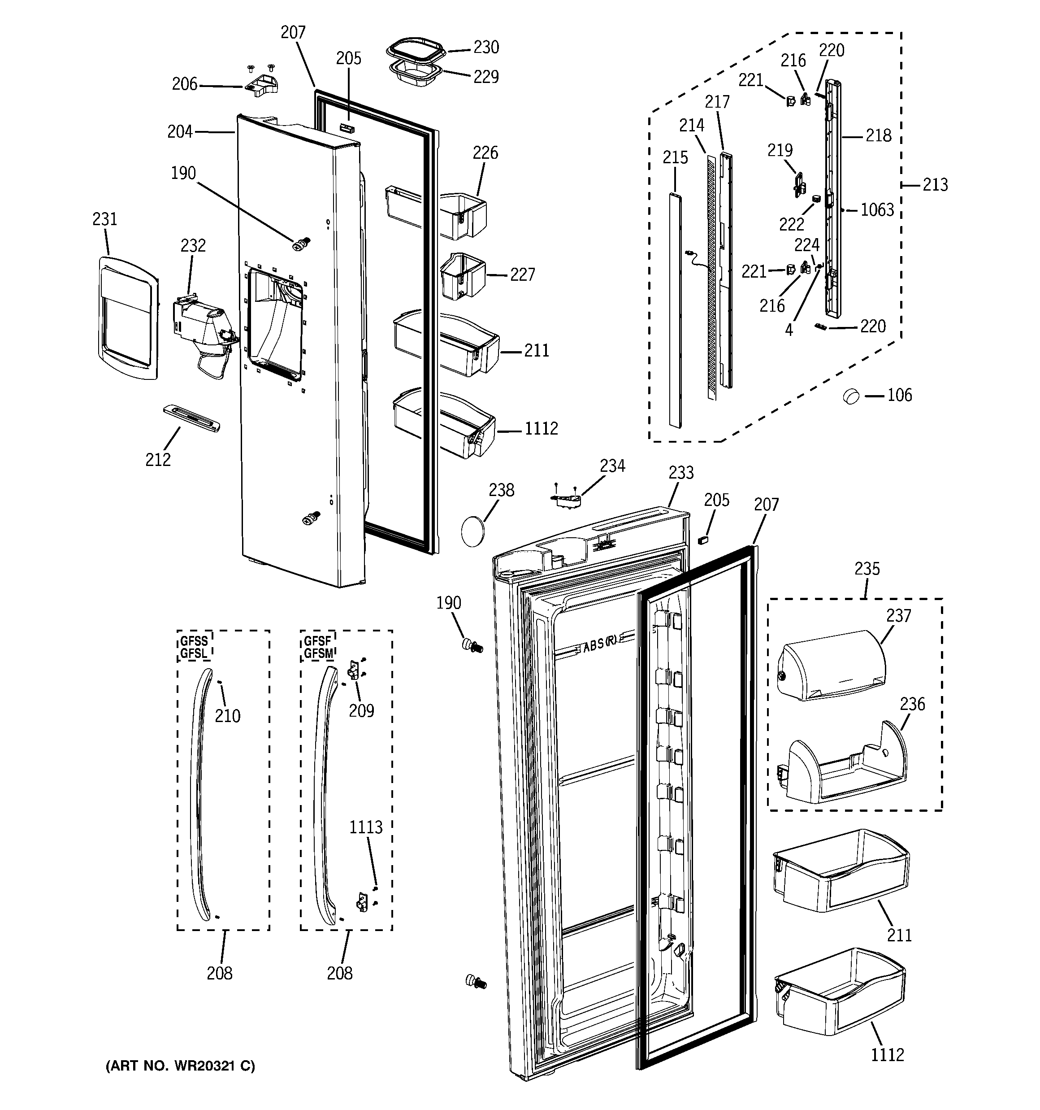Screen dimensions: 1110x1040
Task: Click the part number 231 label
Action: pyautogui.click(x=104, y=219)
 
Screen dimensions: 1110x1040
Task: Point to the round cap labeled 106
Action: pyautogui.click(x=850, y=396)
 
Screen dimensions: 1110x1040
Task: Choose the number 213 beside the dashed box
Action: pyautogui.click(x=935, y=185)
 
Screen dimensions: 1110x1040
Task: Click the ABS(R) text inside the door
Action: pyautogui.click(x=602, y=644)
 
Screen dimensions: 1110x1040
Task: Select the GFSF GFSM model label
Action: pyautogui.click(x=318, y=647)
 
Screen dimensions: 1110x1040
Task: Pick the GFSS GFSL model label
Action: pyautogui.click(x=194, y=647)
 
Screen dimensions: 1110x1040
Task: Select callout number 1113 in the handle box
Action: pyautogui.click(x=366, y=827)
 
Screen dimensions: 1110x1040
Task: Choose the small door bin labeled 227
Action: pyautogui.click(x=463, y=275)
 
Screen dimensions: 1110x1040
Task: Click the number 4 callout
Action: pyautogui.click(x=789, y=330)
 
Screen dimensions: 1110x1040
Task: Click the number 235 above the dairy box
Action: pyautogui.click(x=867, y=569)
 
